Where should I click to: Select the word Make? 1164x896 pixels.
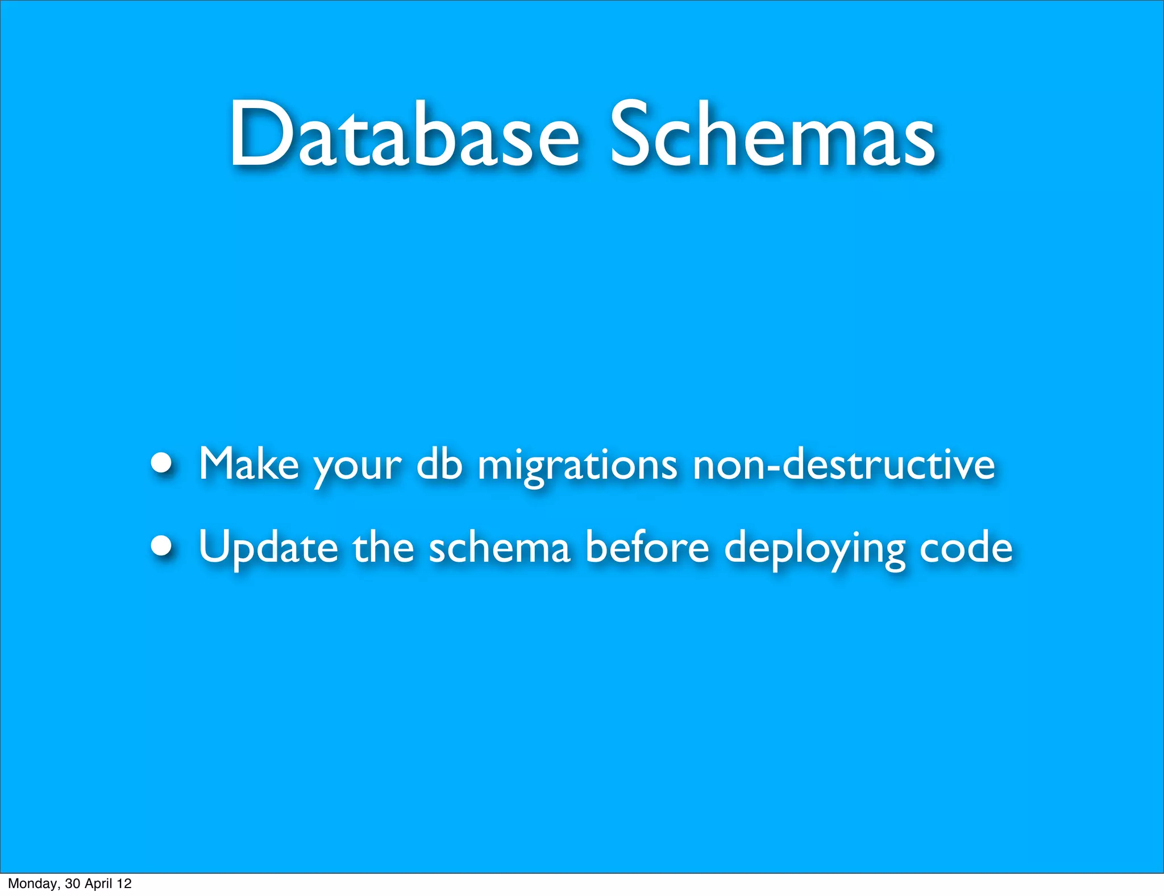coord(248,464)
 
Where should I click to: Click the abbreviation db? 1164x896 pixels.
coord(439,464)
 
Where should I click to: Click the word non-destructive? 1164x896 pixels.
coord(843,464)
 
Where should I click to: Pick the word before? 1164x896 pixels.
coord(647,547)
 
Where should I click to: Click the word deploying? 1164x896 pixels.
coord(814,549)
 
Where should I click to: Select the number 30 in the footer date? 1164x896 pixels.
coord(72,883)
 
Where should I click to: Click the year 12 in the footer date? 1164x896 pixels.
coord(124,883)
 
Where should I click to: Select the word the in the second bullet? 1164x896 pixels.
coord(383,547)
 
